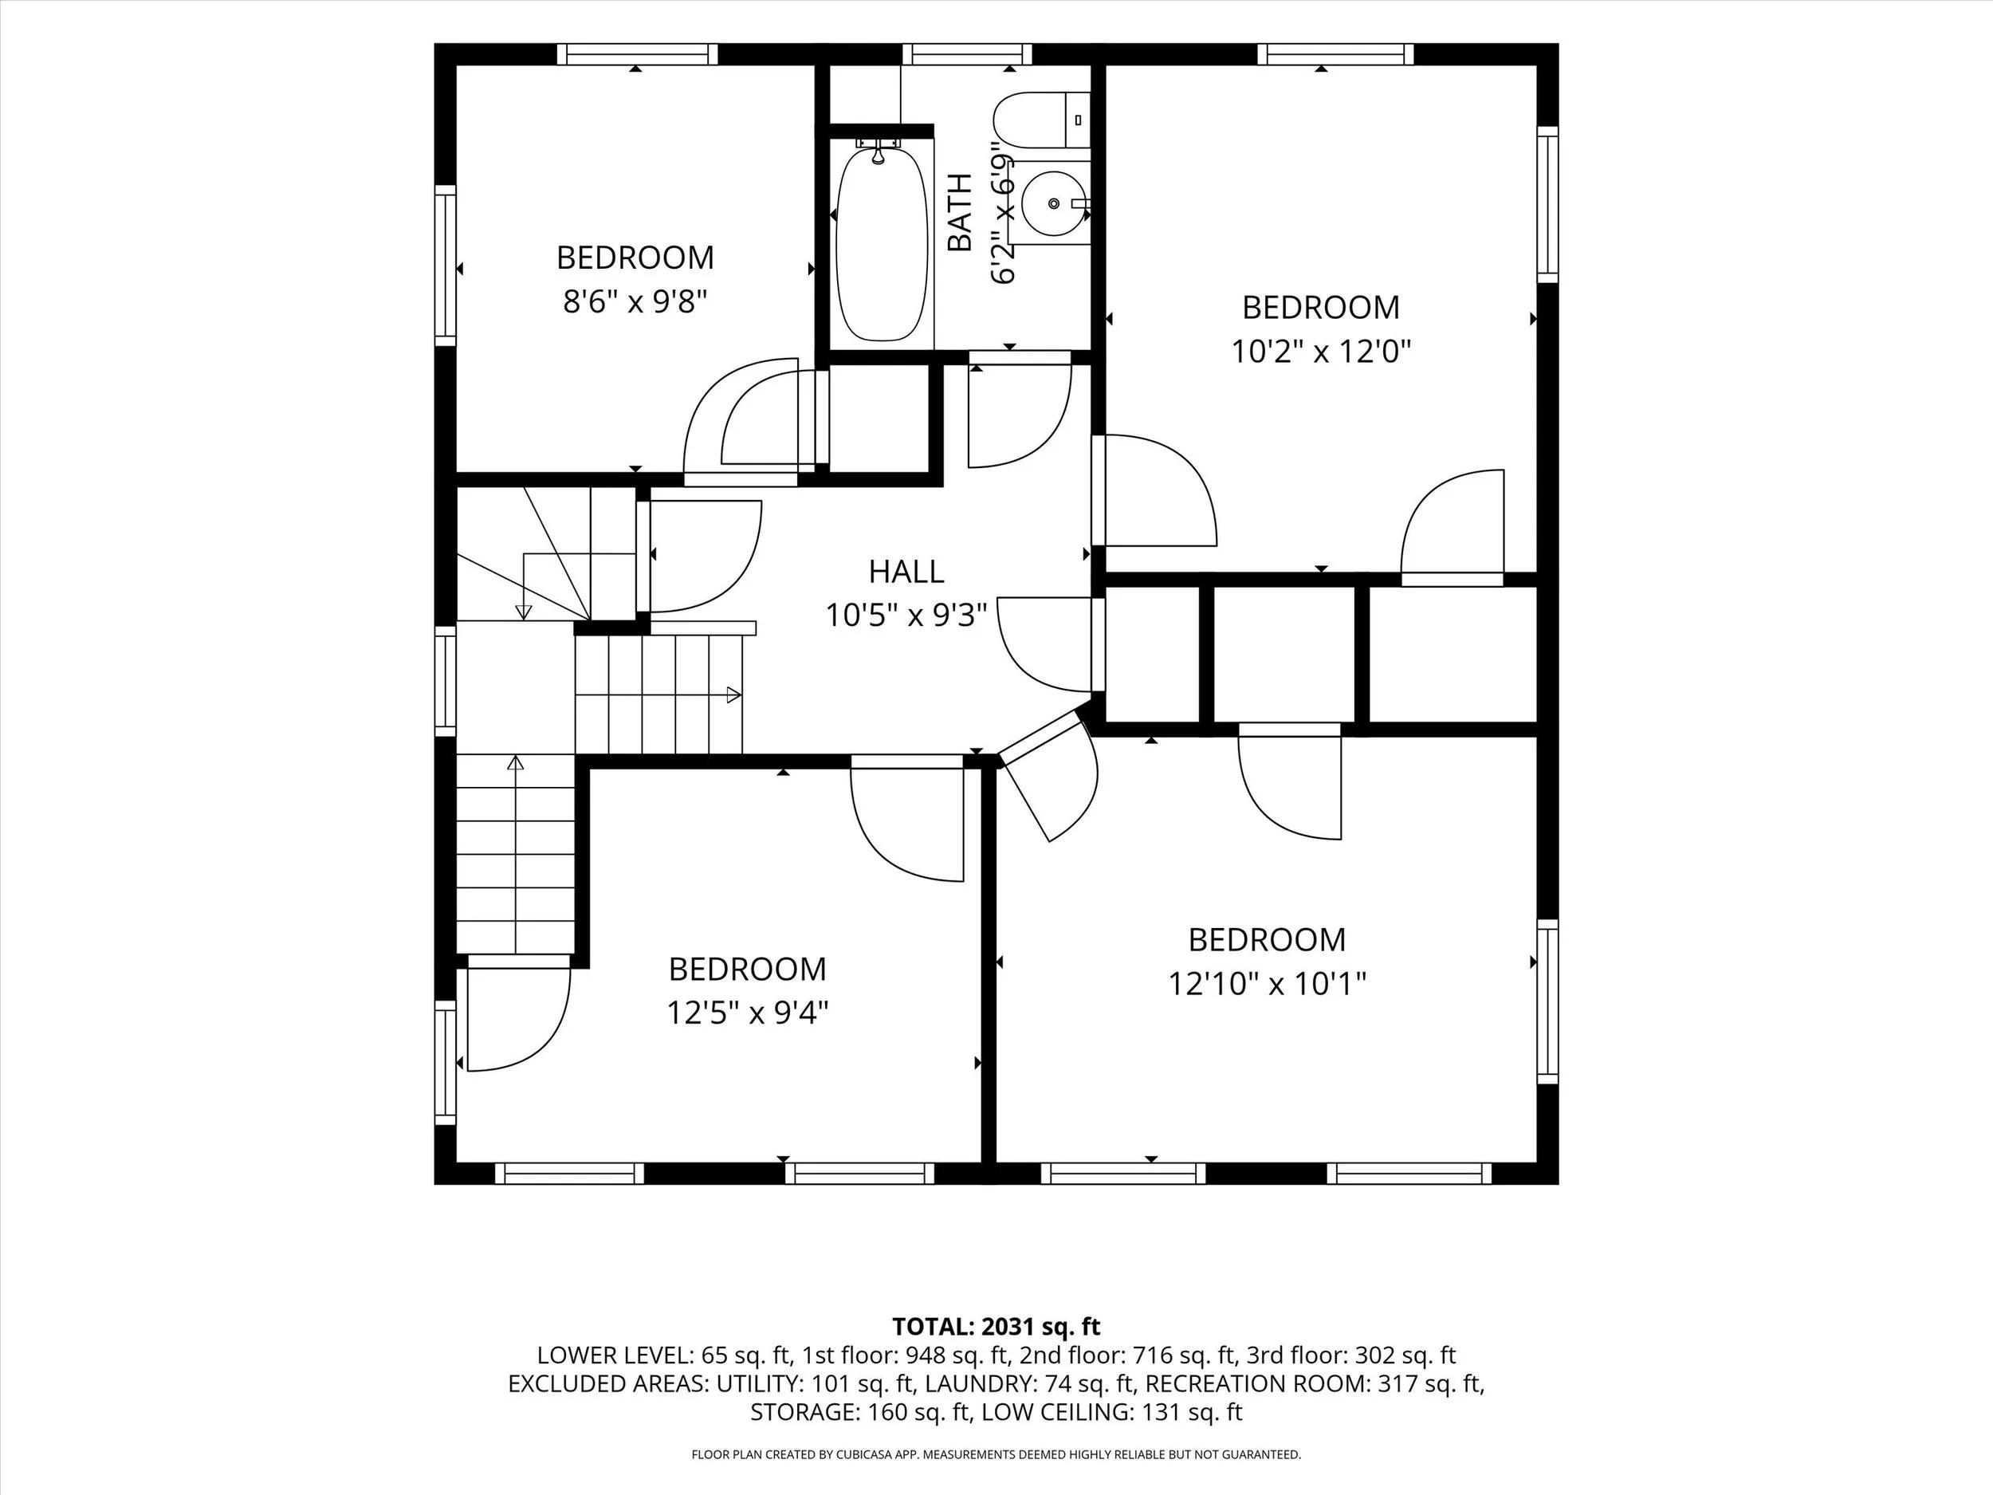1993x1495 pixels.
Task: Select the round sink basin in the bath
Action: [x=1053, y=203]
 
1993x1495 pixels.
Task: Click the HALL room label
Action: [x=906, y=572]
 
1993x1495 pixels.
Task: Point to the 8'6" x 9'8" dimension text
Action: [x=635, y=301]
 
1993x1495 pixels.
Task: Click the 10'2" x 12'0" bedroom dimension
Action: [x=1321, y=351]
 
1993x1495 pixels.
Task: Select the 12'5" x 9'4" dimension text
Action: [x=748, y=1013]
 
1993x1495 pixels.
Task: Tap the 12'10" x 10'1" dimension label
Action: [x=1267, y=983]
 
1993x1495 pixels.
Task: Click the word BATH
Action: [x=961, y=213]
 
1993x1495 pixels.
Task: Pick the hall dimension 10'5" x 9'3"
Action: [x=906, y=616]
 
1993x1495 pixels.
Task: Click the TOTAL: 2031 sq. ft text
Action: [x=996, y=1327]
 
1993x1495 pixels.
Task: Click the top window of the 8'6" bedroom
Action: [x=637, y=54]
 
